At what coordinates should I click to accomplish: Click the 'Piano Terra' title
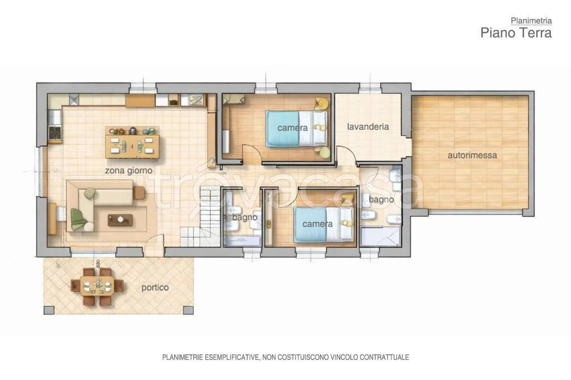(x=516, y=32)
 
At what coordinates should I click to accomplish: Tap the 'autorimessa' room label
(x=472, y=155)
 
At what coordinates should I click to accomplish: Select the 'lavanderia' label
(x=368, y=126)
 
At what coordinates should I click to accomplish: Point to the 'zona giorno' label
(x=129, y=170)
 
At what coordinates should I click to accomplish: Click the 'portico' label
(x=155, y=288)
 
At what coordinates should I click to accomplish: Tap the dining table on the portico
(x=97, y=285)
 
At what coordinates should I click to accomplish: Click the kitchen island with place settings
(x=133, y=142)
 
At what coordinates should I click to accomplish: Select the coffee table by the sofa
(x=120, y=220)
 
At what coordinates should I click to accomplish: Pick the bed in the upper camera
(x=297, y=129)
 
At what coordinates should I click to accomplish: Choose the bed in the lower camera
(x=324, y=225)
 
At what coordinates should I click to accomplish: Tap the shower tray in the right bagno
(x=380, y=237)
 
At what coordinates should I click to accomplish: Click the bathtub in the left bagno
(x=243, y=241)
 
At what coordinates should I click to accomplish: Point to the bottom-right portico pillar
(x=188, y=310)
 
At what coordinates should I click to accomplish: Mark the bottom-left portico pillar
(x=49, y=310)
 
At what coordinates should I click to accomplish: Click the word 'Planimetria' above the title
(x=531, y=21)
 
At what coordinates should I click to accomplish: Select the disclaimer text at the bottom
(x=285, y=357)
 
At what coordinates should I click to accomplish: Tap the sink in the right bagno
(x=394, y=176)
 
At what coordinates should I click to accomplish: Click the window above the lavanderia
(x=370, y=88)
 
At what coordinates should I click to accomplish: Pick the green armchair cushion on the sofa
(x=79, y=219)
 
